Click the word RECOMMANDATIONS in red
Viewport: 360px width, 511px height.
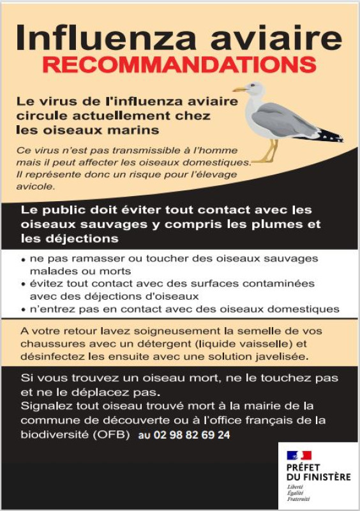[179, 65]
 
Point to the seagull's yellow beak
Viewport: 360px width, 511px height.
[239, 89]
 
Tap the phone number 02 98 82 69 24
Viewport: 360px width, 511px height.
[184, 436]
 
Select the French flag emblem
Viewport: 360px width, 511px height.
[298, 456]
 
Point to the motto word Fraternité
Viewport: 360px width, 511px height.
[298, 499]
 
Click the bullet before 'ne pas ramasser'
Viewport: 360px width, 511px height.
[24, 261]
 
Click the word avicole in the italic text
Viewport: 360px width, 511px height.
[37, 187]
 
